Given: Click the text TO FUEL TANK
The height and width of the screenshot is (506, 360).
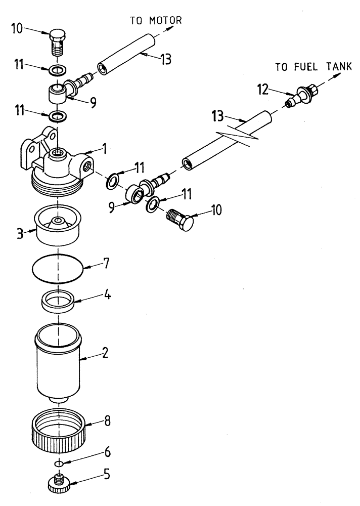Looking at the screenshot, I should coord(313,67).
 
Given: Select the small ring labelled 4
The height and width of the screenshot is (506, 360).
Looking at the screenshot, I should coord(59,303).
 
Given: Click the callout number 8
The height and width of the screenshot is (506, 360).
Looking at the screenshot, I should coord(107,420).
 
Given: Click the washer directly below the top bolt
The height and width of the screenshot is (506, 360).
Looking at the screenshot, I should coord(59,69).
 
